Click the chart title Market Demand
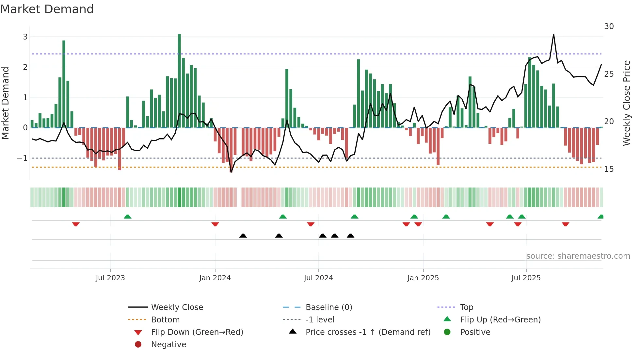click(47, 9)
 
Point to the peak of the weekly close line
click(553, 34)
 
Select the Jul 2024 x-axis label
click(318, 278)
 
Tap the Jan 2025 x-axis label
click(423, 278)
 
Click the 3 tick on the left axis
click(25, 37)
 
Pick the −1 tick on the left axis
click(23, 158)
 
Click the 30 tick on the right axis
click(609, 26)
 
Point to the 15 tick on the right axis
click(609, 169)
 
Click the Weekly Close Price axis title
click(626, 103)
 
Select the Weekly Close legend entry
click(177, 307)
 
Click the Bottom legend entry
click(165, 319)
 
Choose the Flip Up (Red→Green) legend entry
click(500, 319)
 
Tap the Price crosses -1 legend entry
click(368, 332)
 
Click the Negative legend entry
click(168, 344)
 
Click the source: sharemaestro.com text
click(578, 256)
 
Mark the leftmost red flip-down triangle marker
click(76, 224)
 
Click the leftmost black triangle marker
click(243, 236)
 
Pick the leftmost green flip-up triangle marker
click(128, 217)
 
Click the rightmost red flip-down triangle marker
click(566, 224)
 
